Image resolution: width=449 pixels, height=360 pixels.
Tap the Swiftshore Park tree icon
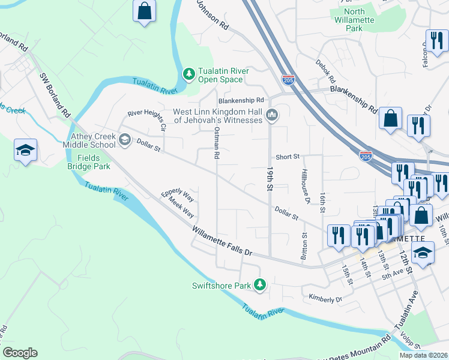260,284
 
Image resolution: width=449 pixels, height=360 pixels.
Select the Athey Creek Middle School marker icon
125,140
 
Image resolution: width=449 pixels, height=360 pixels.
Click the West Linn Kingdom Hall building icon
272,115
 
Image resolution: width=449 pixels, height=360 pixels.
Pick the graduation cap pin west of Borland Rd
26,150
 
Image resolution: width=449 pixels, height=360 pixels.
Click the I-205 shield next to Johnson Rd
288,78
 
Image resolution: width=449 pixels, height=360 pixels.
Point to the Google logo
20,353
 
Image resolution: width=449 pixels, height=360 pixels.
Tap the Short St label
288,157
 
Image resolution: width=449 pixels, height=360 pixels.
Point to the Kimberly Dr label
325,298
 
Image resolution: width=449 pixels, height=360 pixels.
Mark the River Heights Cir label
146,117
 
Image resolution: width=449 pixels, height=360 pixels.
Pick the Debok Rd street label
327,71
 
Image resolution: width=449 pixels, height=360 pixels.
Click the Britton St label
304,243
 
